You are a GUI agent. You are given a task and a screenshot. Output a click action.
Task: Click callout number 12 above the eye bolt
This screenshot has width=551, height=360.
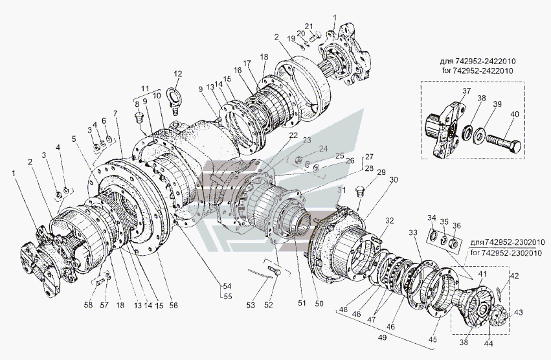[x=178, y=74]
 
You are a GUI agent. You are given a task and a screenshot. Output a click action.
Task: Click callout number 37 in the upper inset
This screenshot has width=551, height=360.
[x=466, y=91]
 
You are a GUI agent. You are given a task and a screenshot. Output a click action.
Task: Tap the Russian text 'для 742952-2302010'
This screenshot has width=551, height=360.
[x=508, y=242]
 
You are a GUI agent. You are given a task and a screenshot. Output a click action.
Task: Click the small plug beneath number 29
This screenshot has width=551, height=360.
[x=359, y=192]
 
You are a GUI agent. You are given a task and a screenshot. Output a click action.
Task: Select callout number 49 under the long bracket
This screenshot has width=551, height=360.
[x=383, y=337]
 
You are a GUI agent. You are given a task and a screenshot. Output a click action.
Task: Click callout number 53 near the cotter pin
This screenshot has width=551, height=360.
[x=251, y=306]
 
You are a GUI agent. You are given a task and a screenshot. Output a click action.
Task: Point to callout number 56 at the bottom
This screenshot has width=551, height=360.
[x=174, y=306]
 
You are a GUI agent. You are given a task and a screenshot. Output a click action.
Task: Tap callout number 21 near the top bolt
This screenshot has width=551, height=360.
[x=309, y=27]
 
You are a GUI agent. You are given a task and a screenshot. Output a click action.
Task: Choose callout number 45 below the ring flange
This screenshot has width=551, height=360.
[x=433, y=339]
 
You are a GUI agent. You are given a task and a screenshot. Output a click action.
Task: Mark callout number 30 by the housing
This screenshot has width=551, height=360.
[x=394, y=180]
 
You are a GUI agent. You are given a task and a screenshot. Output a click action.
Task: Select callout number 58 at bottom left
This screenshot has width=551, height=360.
[x=88, y=305]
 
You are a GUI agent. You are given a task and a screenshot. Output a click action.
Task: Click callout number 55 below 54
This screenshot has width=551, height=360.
[x=228, y=297]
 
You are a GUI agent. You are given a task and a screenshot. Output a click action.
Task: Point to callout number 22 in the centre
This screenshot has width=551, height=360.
[x=293, y=135]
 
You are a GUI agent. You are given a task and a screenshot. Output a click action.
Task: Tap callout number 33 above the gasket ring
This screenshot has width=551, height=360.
[x=413, y=232]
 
